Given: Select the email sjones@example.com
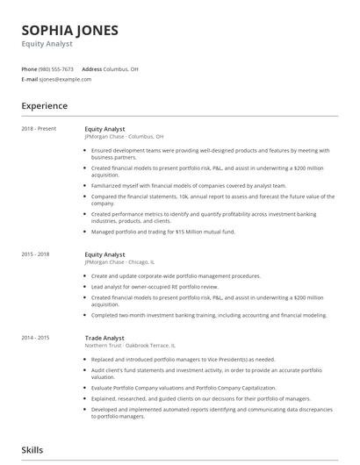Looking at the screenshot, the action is coord(65,79).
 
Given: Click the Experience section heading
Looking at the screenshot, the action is coord(44,105).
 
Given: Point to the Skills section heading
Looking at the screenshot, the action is coord(33,450).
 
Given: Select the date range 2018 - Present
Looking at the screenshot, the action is coord(40,129).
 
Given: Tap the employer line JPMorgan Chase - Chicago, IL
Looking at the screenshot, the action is coord(119,261).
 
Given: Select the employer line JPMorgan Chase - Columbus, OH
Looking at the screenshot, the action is coord(124,136).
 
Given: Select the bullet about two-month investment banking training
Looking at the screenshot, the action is coord(208,315).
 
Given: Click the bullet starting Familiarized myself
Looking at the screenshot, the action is coord(188,185).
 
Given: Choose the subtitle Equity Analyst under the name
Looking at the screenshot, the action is coord(49,42).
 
